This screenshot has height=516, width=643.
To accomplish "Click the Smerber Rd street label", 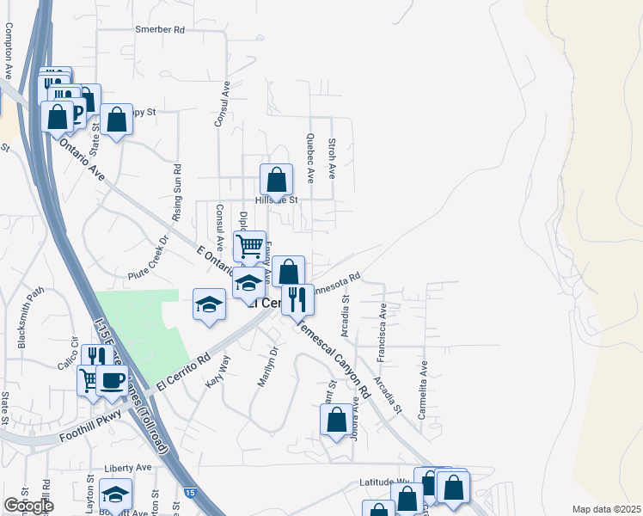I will click(x=160, y=29).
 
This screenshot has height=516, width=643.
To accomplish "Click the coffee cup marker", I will click(x=113, y=379).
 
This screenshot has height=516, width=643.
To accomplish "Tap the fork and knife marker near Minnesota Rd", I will click(x=297, y=299).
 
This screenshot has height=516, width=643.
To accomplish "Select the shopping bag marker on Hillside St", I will click(x=276, y=181).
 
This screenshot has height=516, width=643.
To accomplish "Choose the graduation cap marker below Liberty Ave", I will click(x=115, y=494).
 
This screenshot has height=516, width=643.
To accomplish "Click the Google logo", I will click(x=28, y=506).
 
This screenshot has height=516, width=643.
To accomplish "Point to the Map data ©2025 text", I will click(x=607, y=509).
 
